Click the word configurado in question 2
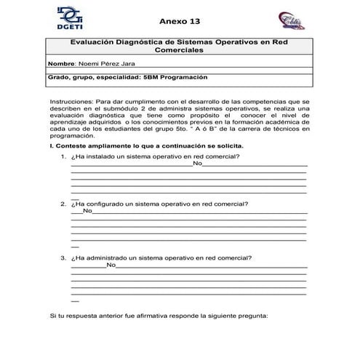(106, 204)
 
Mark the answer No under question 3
(111, 265)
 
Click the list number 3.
(63, 257)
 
